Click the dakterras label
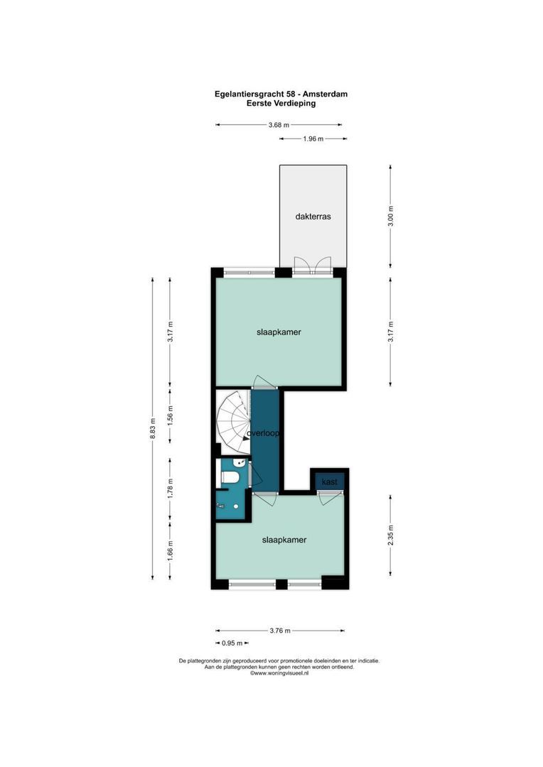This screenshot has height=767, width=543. click(x=313, y=216)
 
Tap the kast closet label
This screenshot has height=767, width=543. click(x=328, y=482)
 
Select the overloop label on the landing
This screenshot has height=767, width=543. click(x=262, y=432)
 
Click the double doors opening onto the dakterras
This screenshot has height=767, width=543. click(x=313, y=266)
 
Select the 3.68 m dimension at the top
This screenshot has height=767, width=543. click(x=279, y=125)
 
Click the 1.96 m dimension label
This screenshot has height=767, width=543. click(x=313, y=138)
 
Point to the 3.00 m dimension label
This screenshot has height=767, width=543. click(x=390, y=215)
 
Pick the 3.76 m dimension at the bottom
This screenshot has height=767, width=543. click(x=280, y=630)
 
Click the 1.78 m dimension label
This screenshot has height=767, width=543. click(x=169, y=489)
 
